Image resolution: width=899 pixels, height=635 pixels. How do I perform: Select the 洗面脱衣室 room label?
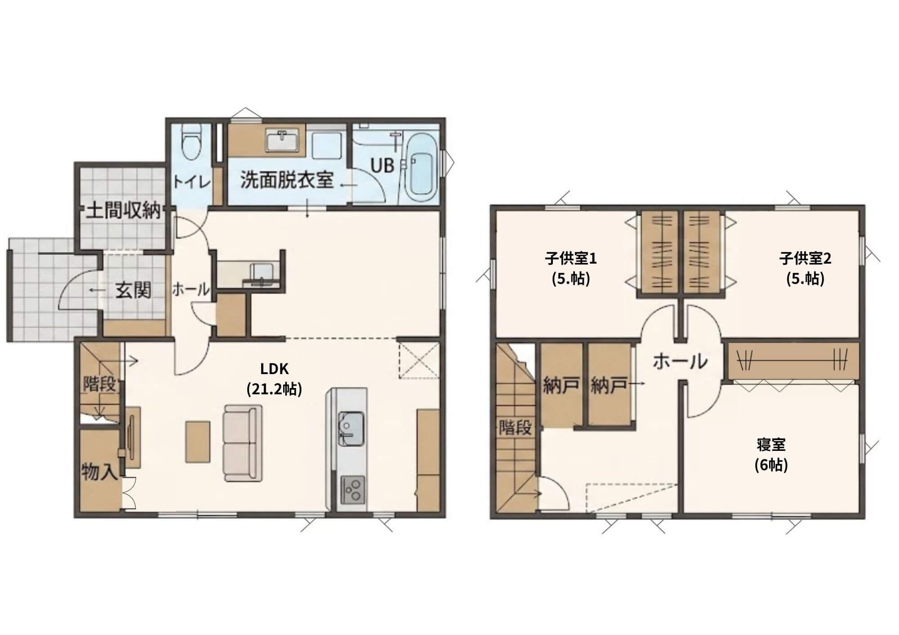(287, 180)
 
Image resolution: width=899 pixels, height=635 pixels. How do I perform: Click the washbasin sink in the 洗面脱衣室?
(282, 141)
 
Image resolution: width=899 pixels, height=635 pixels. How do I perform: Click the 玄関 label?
(134, 291)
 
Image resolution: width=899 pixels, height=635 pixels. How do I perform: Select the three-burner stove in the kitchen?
(352, 490)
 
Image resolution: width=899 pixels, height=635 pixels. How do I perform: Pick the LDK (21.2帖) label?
(275, 379)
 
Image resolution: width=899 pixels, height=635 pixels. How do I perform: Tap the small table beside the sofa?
(198, 441)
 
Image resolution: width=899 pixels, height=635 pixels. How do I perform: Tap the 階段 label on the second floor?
(516, 427)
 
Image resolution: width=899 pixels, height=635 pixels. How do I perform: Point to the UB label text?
(383, 166)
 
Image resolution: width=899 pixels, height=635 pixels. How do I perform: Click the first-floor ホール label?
(191, 290)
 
